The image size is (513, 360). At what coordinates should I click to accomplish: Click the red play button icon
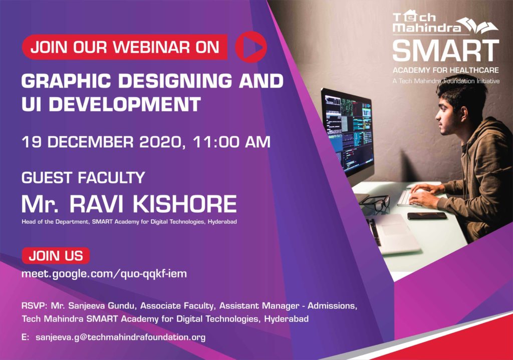coord(251,47)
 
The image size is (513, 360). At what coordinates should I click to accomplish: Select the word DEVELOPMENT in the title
coord(125,104)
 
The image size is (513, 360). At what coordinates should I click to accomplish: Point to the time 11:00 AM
coord(231,142)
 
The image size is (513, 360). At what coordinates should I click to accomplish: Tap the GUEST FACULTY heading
coord(83,178)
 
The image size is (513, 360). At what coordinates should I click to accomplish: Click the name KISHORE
coord(184,204)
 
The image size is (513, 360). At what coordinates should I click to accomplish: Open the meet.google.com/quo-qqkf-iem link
coord(104,274)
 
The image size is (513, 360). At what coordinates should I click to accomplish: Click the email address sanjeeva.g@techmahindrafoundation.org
coord(120,337)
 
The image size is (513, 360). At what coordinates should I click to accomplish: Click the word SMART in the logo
coord(446,51)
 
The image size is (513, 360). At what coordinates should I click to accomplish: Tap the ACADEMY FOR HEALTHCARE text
coord(445,70)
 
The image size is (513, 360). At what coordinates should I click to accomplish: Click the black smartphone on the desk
coord(427,216)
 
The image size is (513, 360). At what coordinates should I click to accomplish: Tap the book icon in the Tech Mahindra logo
coord(477,25)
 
